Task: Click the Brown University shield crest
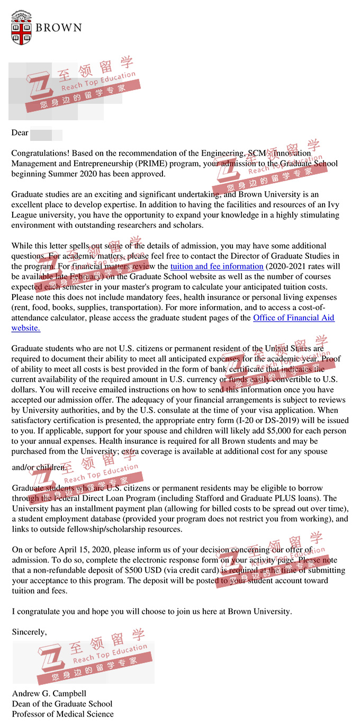(21, 28)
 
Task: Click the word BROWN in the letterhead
(59, 28)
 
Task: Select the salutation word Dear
(20, 132)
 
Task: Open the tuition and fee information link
(217, 266)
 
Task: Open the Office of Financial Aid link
(293, 318)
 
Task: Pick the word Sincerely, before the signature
(29, 632)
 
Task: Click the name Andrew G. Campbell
(49, 693)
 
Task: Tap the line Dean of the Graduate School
(62, 704)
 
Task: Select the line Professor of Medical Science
(62, 714)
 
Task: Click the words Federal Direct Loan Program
(89, 498)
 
